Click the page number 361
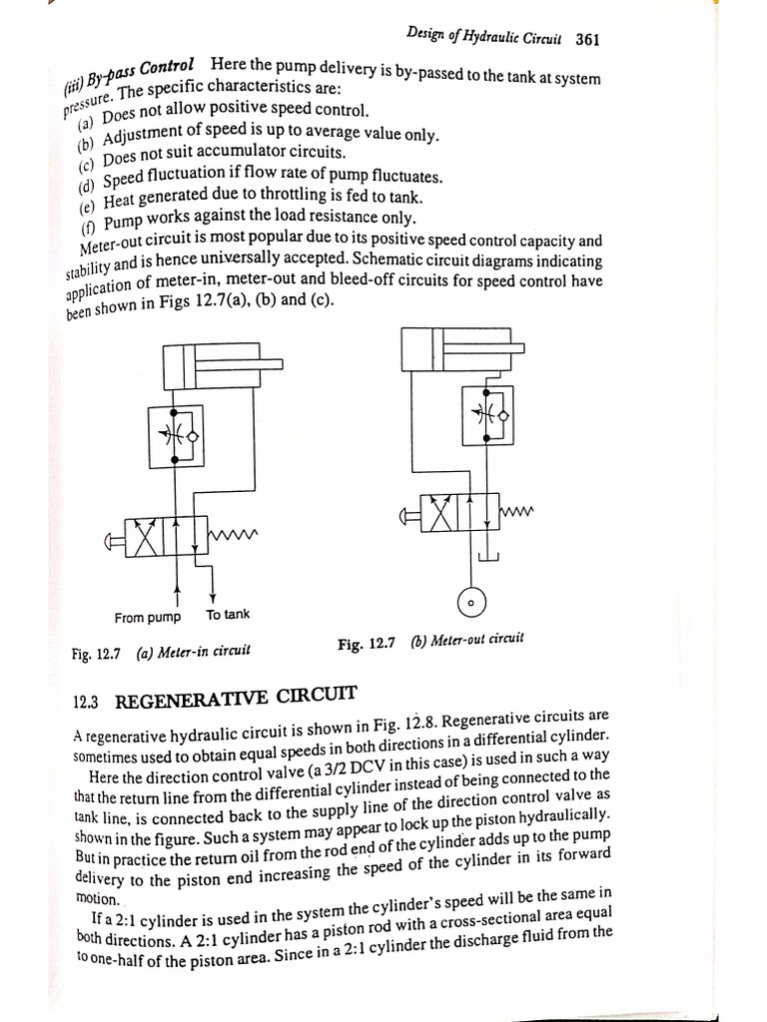pos(587,41)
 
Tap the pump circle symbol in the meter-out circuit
pos(471,604)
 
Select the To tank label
pos(229,615)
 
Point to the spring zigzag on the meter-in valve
pos(234,536)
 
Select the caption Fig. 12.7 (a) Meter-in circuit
pos(161,653)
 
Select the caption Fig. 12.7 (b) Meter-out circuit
pos(430,642)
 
